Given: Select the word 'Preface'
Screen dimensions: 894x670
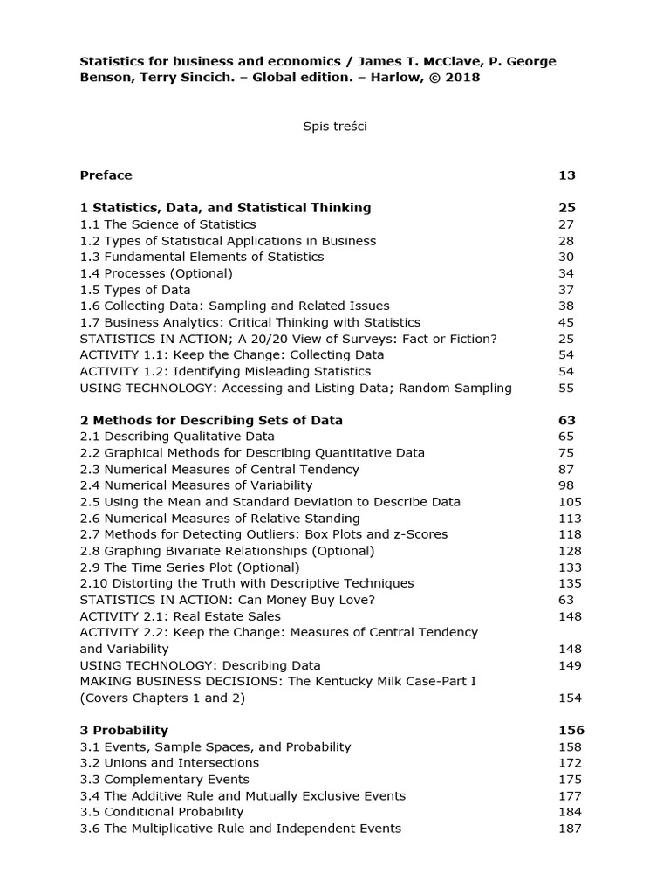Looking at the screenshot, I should [x=106, y=175].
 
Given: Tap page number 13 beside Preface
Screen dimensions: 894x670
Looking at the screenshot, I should [x=567, y=175].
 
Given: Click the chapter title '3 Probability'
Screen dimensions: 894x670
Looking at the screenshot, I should [x=124, y=730].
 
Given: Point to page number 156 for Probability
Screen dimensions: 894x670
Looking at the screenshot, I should [x=571, y=730].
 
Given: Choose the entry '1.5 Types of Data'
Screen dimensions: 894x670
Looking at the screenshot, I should [x=135, y=289].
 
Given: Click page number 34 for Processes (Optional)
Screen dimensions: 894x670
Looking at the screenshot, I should [x=567, y=273].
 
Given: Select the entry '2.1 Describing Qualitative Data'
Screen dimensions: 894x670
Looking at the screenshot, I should [x=177, y=436].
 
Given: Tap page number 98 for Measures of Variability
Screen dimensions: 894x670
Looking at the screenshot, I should [x=567, y=485].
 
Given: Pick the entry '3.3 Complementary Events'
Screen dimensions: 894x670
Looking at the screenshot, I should [x=164, y=779].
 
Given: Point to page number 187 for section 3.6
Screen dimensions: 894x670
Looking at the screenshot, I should [x=570, y=828].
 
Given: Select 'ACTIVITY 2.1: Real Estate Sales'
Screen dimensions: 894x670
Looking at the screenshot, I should [x=181, y=615].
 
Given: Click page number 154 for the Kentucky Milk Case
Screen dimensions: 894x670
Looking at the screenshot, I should [x=570, y=698].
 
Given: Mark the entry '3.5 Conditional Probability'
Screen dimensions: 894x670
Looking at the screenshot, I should [x=161, y=811].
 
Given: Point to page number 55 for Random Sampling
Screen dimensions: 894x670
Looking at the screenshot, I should [x=567, y=388].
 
